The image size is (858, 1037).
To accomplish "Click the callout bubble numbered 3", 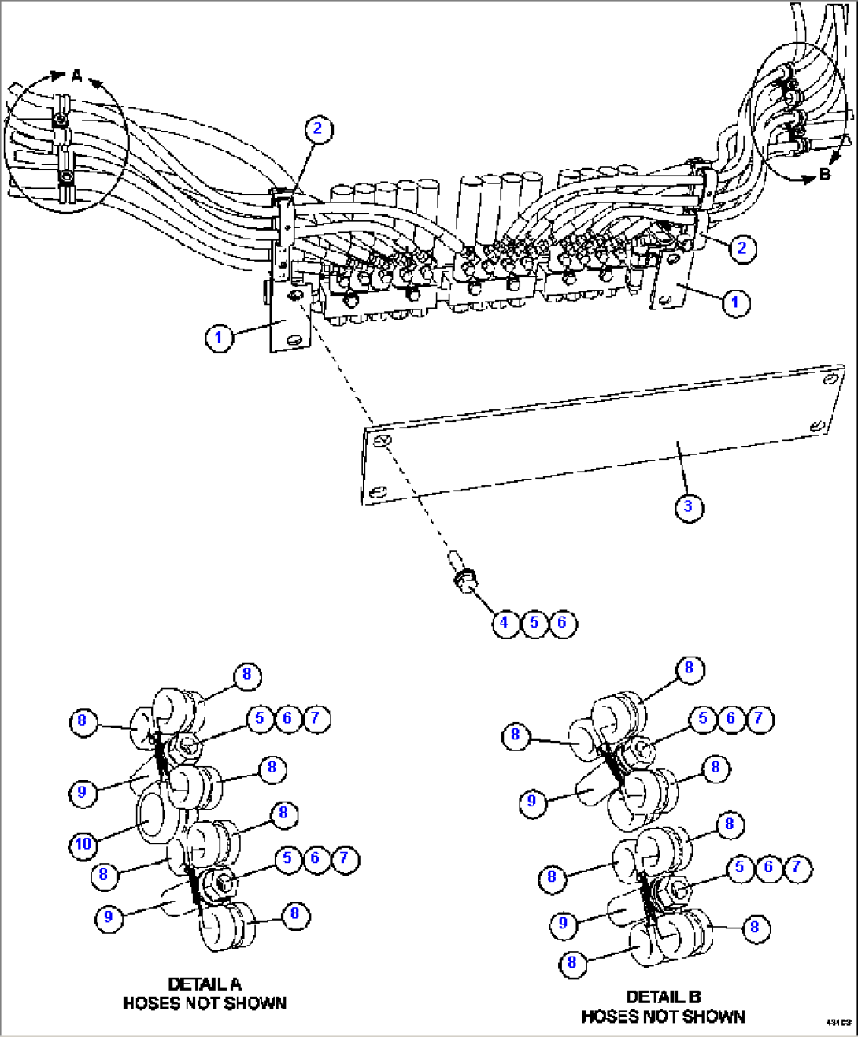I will point(689,506).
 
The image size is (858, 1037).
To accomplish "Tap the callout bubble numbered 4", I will point(505,623).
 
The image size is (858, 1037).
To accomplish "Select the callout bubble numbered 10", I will point(83,844).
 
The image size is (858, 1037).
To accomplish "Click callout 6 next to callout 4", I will point(561,623).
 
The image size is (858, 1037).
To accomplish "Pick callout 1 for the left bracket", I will point(219,339).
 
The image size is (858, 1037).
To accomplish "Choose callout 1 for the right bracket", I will point(736,302).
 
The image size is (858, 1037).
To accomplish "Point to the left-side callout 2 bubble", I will point(317,129).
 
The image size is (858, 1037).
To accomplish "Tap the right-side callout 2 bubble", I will point(742,249).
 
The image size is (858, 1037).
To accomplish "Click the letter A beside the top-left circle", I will point(76,76).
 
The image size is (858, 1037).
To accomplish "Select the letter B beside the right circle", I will point(824,174).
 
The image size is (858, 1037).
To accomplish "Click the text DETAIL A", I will point(205,984).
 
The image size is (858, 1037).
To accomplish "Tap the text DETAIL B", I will point(663,997).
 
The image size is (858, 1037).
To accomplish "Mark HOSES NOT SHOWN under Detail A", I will point(205,1004).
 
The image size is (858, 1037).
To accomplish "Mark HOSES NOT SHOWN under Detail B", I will point(663,1017).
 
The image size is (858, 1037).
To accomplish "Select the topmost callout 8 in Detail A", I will point(246,674).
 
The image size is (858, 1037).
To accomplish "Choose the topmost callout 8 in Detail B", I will point(689,668).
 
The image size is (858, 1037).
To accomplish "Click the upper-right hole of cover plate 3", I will point(828,380).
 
